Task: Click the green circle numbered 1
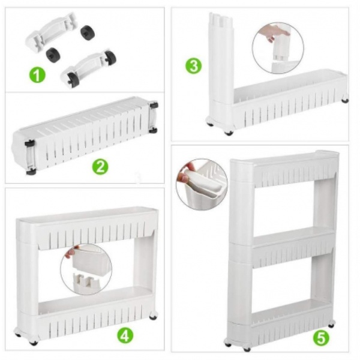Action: click(x=37, y=74)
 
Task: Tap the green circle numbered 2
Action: click(x=100, y=167)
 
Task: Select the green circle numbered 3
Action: click(x=194, y=66)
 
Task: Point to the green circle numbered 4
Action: click(x=125, y=335)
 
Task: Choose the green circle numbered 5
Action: click(x=321, y=338)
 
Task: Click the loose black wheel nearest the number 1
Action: click(x=53, y=55)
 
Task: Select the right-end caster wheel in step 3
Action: click(x=344, y=100)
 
